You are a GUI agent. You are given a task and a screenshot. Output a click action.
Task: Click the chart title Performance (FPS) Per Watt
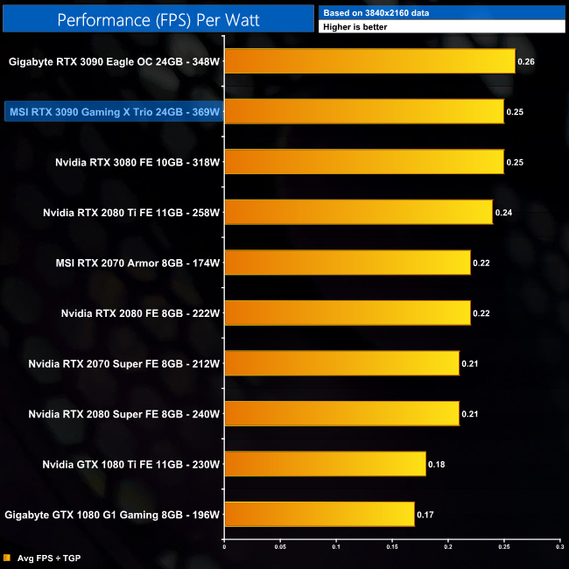(158, 18)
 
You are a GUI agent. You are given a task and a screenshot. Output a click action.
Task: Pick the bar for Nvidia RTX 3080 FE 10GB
(364, 162)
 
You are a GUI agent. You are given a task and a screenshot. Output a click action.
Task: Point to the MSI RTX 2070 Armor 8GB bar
(348, 262)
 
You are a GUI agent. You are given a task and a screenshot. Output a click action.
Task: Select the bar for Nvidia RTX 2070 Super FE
(341, 362)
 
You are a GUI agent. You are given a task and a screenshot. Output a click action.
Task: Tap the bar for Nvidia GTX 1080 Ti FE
(325, 463)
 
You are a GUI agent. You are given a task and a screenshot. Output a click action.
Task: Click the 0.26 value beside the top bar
(525, 62)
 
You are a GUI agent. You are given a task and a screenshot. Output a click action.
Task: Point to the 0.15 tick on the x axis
(392, 547)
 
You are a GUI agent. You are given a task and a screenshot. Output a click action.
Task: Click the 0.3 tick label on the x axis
(558, 547)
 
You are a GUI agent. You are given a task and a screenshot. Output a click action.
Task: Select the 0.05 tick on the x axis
(280, 547)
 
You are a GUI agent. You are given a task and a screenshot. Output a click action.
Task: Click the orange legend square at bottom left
(7, 558)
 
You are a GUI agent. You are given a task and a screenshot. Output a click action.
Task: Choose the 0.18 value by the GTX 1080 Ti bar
(435, 463)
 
